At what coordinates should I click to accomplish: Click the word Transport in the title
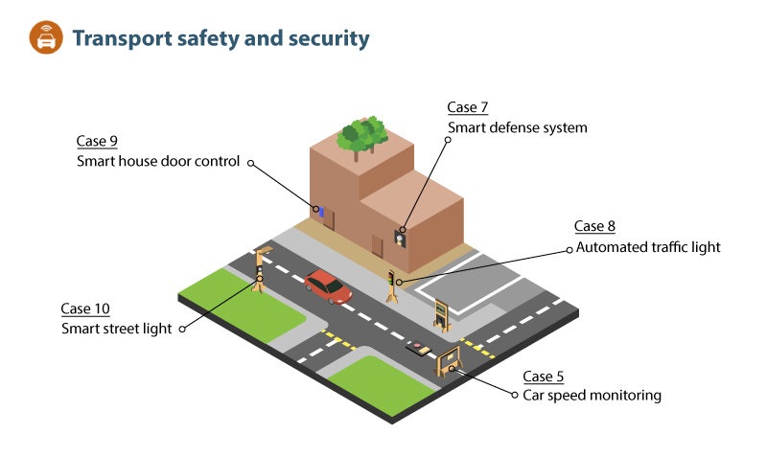pyautogui.click(x=120, y=38)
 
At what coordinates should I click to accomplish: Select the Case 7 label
pyautogui.click(x=468, y=107)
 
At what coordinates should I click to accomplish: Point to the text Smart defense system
pyautogui.click(x=517, y=127)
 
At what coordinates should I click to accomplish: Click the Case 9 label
pyautogui.click(x=97, y=142)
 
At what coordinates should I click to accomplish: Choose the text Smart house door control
pyautogui.click(x=157, y=161)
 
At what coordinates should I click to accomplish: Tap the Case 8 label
pyautogui.click(x=594, y=227)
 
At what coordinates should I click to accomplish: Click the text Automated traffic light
pyautogui.click(x=647, y=247)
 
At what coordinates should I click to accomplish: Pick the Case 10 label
pyautogui.click(x=85, y=308)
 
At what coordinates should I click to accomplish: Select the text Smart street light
pyautogui.click(x=117, y=329)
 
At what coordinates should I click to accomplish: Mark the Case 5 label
pyautogui.click(x=543, y=376)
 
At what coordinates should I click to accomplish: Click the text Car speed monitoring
pyautogui.click(x=592, y=395)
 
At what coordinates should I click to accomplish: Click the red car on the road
pyautogui.click(x=328, y=286)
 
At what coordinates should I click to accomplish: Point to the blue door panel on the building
pyautogui.click(x=320, y=210)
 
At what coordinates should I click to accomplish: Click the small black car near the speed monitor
pyautogui.click(x=418, y=348)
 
